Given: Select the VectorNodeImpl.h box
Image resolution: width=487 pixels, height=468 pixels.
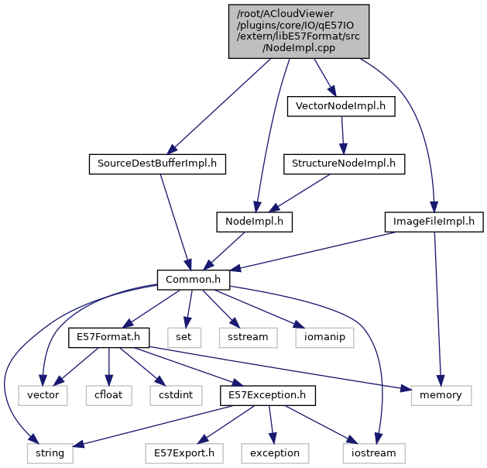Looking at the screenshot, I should tap(341, 106).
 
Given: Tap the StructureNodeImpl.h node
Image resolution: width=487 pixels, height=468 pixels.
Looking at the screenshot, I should tap(344, 163).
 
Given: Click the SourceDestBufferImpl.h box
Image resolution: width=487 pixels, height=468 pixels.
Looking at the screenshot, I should tap(156, 163).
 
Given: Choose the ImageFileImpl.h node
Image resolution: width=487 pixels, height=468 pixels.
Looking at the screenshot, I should tap(434, 222).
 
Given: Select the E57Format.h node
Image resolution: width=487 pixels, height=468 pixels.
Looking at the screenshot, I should tap(108, 337).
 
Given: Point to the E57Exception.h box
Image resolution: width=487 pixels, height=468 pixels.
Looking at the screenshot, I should tap(266, 395).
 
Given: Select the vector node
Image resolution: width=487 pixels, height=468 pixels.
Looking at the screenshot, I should tap(43, 395).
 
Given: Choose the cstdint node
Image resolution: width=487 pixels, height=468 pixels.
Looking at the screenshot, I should tap(172, 395).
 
